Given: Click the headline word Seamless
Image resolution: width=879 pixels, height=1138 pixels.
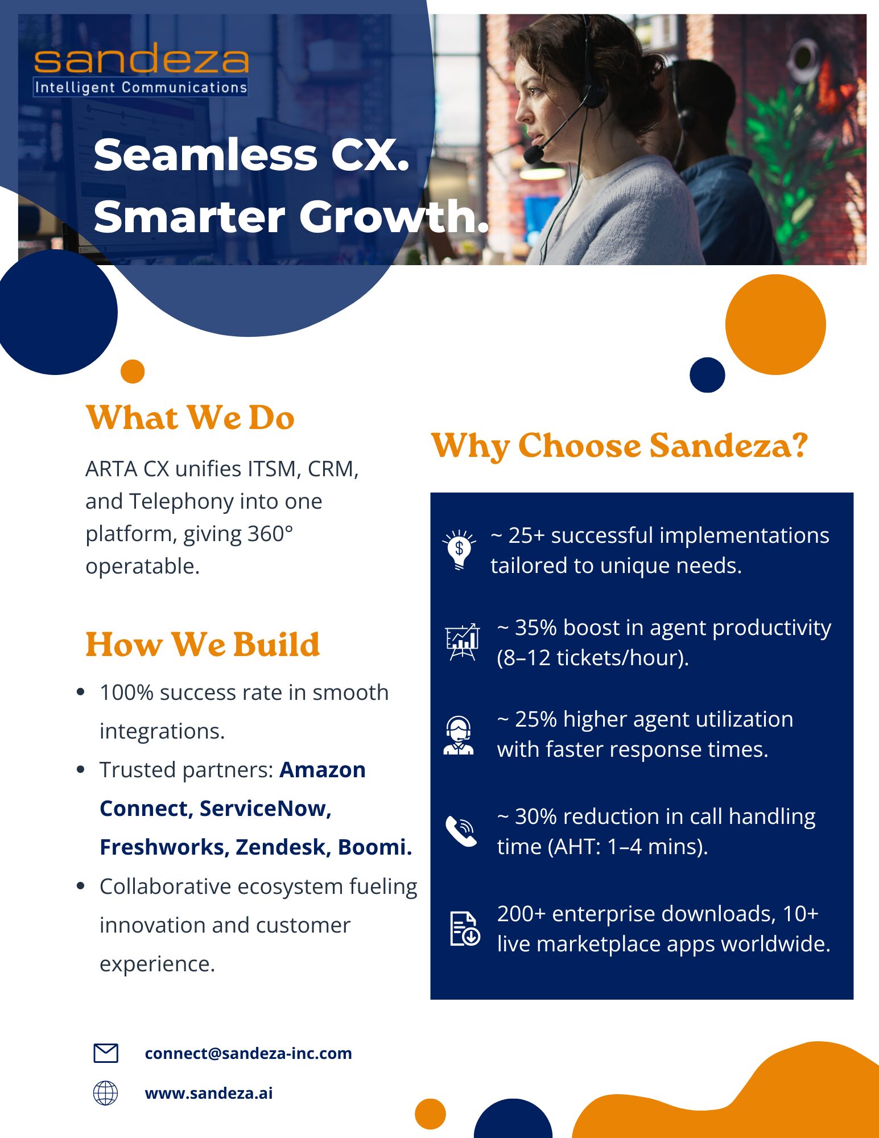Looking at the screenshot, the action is [205, 155].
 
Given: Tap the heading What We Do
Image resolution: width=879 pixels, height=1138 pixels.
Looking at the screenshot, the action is [190, 418].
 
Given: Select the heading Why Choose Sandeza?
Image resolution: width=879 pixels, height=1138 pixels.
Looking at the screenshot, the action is [620, 446].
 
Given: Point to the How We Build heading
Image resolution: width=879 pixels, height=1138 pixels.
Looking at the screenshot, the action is [203, 645].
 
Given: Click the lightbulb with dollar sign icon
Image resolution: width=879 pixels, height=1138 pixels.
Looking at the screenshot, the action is [459, 549].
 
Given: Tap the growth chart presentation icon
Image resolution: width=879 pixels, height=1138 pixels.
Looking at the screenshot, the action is [462, 642].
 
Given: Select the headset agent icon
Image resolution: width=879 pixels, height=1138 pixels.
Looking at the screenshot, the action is [459, 735].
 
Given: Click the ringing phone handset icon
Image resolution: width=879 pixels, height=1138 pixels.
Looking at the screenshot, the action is [461, 831].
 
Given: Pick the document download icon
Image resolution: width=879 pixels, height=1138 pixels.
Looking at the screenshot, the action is [465, 929].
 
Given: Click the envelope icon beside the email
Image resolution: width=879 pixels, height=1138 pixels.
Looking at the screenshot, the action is [106, 1053].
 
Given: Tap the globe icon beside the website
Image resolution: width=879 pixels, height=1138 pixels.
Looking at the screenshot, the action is [105, 1093].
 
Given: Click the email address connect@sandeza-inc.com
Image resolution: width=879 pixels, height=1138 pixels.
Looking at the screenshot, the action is [249, 1053].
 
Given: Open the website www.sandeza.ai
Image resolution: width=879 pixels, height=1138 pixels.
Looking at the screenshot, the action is [209, 1093].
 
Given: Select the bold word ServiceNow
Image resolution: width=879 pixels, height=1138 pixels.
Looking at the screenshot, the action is [265, 809].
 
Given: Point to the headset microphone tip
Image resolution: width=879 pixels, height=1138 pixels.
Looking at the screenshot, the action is [533, 154].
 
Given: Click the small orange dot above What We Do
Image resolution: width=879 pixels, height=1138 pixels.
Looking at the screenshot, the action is [133, 372].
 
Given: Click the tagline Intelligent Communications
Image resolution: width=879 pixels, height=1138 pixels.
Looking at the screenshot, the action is [141, 88].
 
